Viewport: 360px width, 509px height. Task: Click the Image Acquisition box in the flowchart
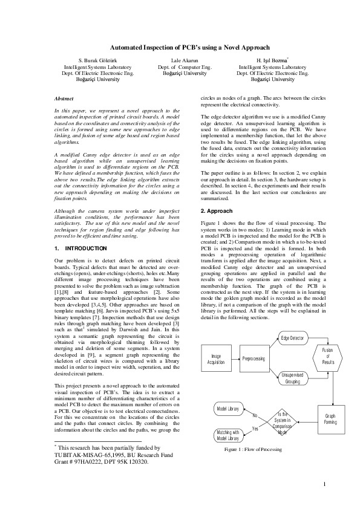215,358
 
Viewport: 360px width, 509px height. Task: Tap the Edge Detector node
293,337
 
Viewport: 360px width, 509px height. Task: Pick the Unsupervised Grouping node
293,378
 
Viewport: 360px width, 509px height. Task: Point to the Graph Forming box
331,419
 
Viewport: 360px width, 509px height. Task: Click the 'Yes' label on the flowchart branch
255,429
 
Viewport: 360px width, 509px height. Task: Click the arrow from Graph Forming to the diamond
309,420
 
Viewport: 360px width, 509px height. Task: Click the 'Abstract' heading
64,99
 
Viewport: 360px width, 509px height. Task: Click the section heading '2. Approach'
217,210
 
